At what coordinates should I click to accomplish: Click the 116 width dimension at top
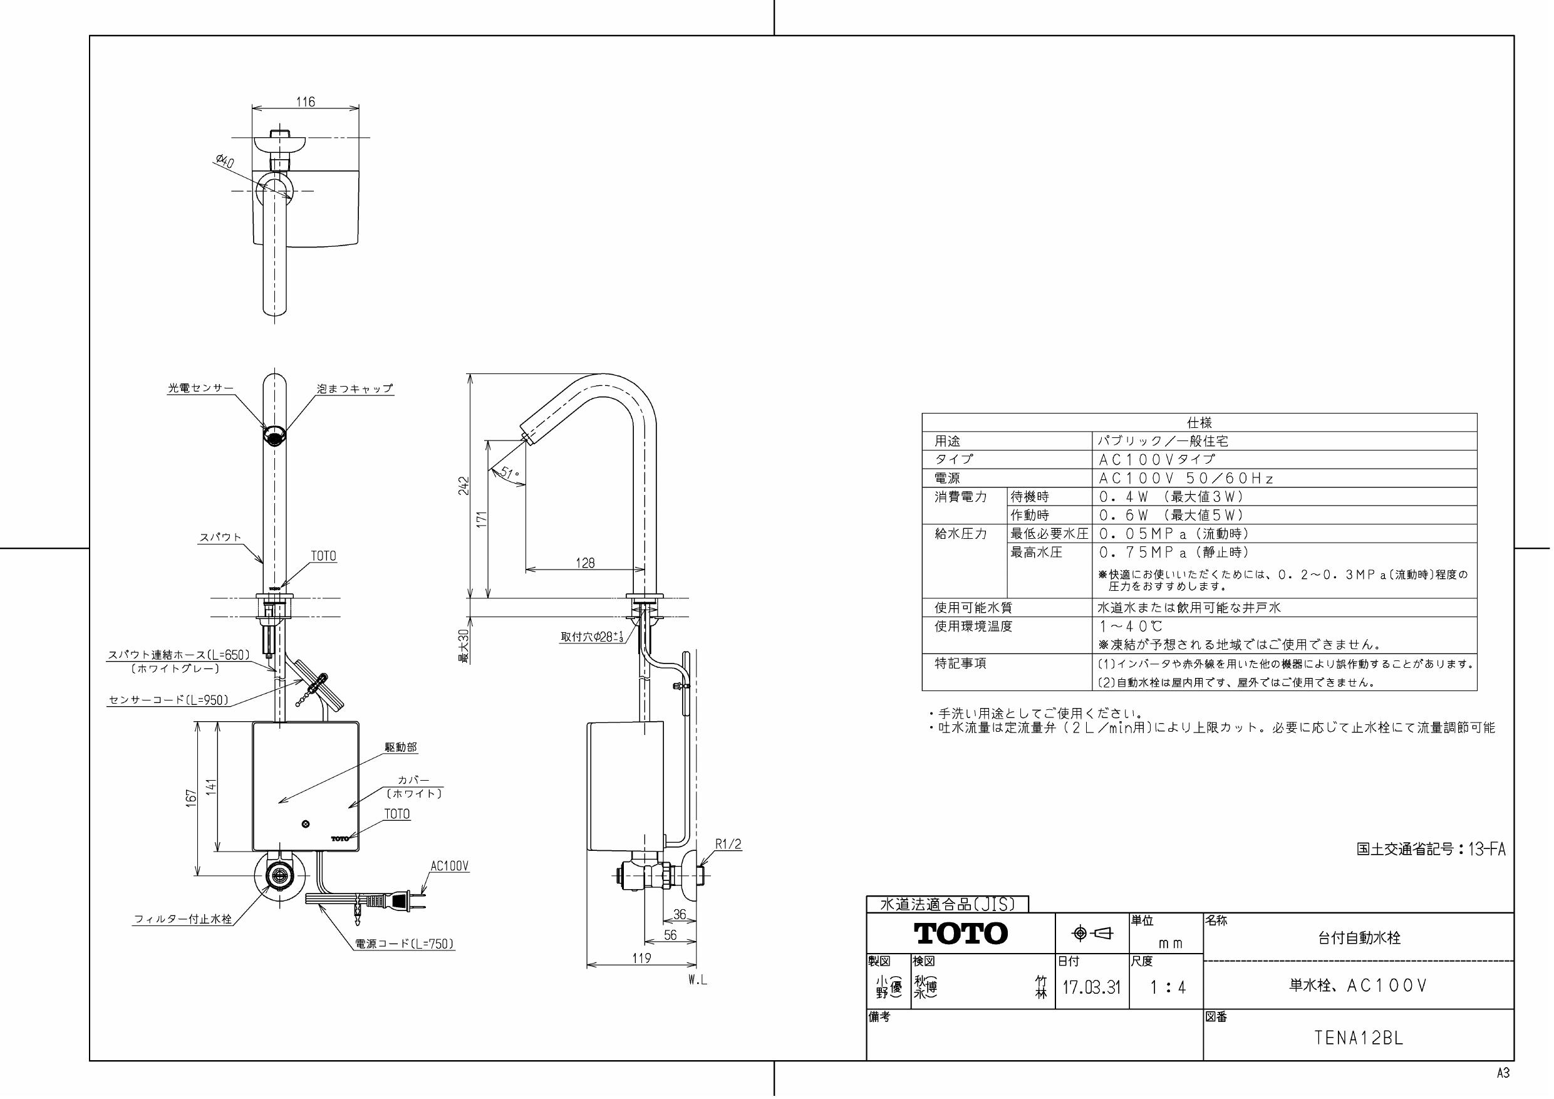tap(305, 102)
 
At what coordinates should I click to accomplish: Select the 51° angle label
tap(510, 472)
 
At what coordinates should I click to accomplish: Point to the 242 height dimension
tap(463, 486)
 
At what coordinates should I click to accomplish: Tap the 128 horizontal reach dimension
tap(585, 563)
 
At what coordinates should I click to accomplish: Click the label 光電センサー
tap(200, 388)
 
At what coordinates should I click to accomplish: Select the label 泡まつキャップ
tap(355, 388)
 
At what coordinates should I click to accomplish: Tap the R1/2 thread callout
tap(728, 845)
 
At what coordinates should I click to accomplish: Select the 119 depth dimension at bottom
tap(641, 957)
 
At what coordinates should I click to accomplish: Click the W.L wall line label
tap(698, 980)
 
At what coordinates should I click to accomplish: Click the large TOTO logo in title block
tap(961, 933)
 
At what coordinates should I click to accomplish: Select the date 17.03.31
tap(1091, 987)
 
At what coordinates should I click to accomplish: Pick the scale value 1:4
tap(1168, 987)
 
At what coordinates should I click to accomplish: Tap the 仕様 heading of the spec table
tap(1199, 422)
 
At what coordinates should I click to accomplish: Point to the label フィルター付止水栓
tap(183, 919)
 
